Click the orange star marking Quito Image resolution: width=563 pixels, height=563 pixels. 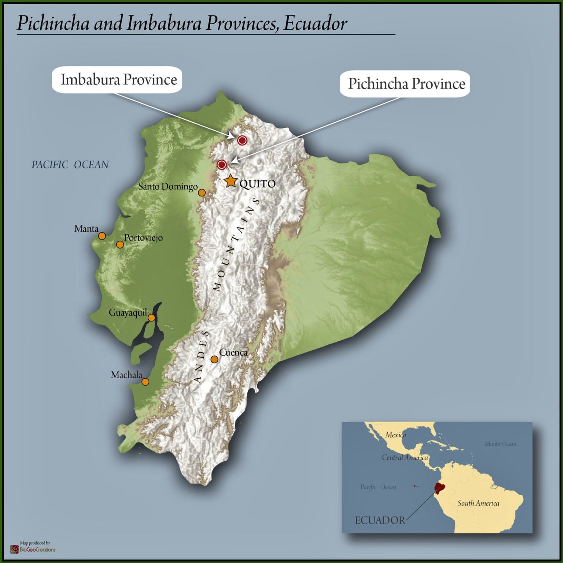231,181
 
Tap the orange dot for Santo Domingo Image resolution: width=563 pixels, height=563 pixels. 202,192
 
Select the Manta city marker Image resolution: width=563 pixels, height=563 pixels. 102,236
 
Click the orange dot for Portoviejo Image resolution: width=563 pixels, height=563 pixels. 120,245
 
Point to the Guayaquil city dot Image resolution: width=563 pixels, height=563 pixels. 152,318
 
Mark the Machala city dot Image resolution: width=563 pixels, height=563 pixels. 145,382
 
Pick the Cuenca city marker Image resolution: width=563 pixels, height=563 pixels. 214,359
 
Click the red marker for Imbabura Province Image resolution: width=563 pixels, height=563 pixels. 242,140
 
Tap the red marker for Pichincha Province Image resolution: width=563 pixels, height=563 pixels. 222,165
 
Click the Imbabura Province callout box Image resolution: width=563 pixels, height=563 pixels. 117,80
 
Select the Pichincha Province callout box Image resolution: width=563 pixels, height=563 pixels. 405,84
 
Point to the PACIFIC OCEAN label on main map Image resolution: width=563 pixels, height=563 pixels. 70,165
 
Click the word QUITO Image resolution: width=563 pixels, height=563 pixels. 258,184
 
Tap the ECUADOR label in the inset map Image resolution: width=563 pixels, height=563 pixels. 380,521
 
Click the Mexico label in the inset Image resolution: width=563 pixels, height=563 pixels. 395,435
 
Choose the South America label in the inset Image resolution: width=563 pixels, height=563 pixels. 478,503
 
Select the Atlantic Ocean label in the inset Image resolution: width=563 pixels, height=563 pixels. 500,444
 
